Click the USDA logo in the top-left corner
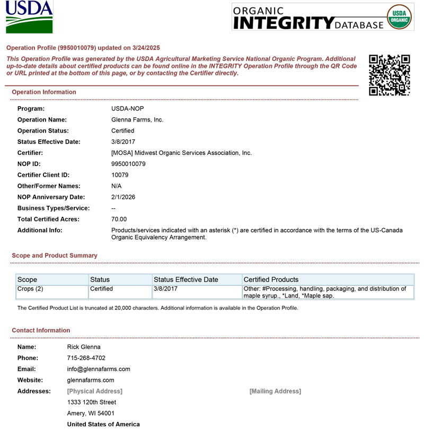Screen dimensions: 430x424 coord(29,17)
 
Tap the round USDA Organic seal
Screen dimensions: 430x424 coord(400,17)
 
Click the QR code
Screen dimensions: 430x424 coord(390,75)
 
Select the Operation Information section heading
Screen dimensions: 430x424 coord(44,92)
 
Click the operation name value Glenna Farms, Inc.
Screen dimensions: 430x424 coord(137,120)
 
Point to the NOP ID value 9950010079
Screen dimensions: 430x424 coord(128,164)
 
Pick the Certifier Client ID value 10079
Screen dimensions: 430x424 coord(120,175)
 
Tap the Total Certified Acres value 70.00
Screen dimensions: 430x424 coord(119,219)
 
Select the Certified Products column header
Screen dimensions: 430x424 coord(271,279)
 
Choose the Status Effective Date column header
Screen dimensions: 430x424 coord(185,279)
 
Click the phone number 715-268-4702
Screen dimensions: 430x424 coord(86,358)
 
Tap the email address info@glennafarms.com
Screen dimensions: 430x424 coord(99,369)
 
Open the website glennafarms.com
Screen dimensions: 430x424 coord(91,380)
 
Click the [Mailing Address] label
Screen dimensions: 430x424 coord(275,391)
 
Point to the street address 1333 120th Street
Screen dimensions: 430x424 coord(92,402)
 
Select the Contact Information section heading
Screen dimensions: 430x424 coord(41,330)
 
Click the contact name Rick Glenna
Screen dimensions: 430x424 coord(84,347)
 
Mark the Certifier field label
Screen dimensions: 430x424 coord(30,153)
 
